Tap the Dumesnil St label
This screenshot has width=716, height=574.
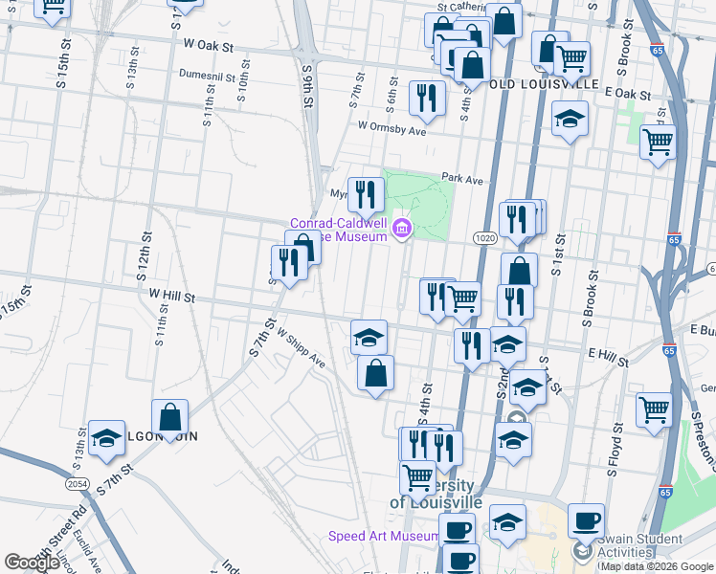pos(213,73)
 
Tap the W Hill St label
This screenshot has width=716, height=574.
pos(167,298)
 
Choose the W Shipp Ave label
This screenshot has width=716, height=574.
pos(302,350)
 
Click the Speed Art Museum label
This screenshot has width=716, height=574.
pos(384,537)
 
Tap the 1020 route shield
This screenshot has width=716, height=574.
pos(482,236)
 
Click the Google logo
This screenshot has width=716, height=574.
pos(31,563)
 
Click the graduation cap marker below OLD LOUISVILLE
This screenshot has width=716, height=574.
pos(570,119)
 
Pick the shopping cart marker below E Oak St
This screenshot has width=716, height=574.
pos(658,142)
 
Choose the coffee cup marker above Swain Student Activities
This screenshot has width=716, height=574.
pos(586,520)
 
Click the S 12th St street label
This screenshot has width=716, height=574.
pos(146,252)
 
